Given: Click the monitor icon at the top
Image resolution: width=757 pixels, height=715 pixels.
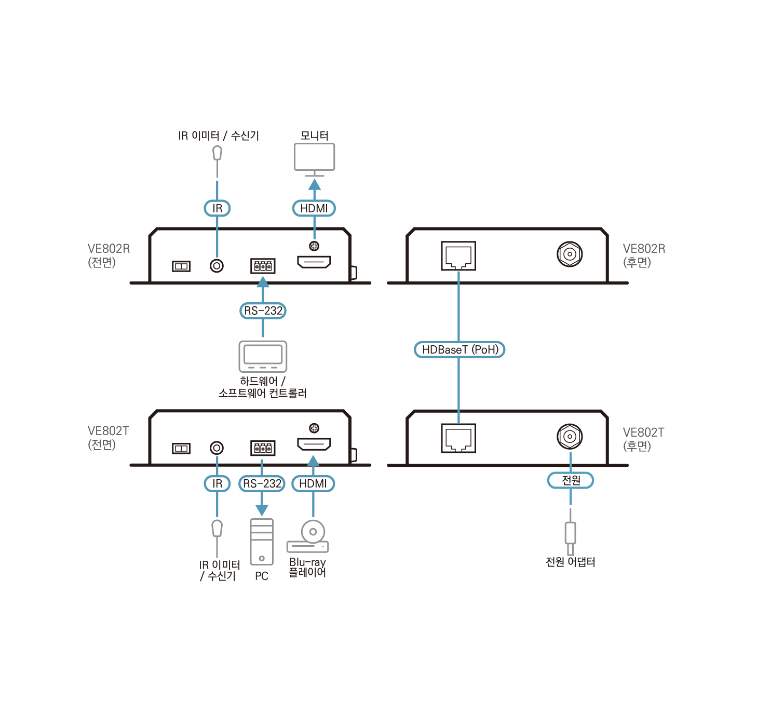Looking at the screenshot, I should coord(314,157).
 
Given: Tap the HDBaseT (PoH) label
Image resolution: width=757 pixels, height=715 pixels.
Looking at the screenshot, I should coord(459,349).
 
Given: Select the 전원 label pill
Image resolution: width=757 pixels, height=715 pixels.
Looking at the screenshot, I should coord(571,480).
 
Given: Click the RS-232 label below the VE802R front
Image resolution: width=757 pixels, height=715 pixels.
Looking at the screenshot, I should coord(263,311).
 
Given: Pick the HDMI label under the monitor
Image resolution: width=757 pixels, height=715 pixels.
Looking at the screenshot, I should coord(314,208).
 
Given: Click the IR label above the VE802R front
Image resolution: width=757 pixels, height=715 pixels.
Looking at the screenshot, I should coord(217,208).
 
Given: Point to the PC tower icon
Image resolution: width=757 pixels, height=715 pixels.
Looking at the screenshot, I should coord(262,542).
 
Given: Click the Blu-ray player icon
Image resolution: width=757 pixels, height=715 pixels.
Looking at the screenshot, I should coord(308,537).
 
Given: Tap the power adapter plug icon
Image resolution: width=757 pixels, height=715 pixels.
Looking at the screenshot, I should coord(570,535).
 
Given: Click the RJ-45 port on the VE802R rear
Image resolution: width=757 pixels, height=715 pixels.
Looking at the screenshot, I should coord(458,255).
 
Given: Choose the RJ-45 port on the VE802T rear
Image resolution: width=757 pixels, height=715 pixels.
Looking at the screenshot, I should coord(458,438).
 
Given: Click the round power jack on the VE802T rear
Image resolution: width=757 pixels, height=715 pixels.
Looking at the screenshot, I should coord(570,436).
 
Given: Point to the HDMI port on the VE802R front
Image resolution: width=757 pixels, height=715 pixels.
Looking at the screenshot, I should coord(314,262).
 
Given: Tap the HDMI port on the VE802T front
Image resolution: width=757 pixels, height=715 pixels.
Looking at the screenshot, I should coord(314,444).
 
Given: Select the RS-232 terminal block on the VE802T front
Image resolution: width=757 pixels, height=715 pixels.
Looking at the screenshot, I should coord(263,448).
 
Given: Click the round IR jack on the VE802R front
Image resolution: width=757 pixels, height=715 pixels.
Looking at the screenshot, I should coord(217,266).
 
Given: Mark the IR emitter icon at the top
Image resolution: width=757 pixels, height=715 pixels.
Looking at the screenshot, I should coord(217,154).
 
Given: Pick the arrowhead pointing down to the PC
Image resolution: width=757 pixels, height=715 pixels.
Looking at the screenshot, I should coord(262,510).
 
